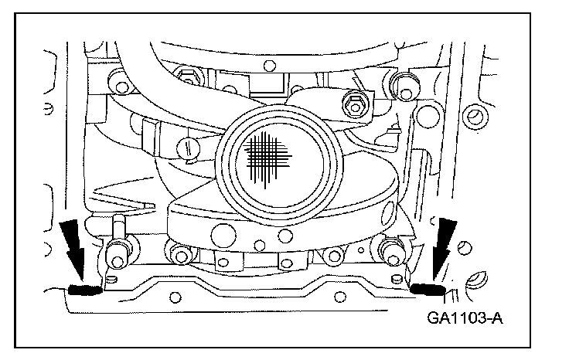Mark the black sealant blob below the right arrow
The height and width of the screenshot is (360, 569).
click(426, 289)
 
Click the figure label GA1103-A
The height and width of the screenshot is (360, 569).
click(459, 316)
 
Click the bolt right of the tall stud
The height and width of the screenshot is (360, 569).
click(179, 253)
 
